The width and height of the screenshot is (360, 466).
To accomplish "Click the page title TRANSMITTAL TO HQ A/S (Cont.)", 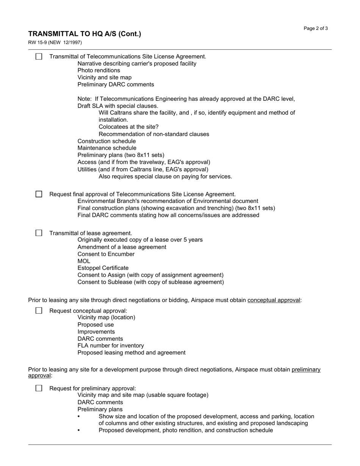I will pyautogui.click(x=85, y=34).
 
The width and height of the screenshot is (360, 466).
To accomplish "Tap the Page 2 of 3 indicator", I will pyautogui.click(x=316, y=28).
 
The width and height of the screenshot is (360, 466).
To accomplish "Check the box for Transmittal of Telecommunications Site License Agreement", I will pyautogui.click(x=39, y=56).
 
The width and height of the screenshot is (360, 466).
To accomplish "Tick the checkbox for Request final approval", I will pyautogui.click(x=39, y=194).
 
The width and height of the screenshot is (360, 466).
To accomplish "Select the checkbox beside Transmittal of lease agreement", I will pyautogui.click(x=39, y=233).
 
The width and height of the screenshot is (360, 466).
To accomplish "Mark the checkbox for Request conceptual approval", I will pyautogui.click(x=39, y=311).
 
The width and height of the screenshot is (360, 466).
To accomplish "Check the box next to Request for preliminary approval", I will pyautogui.click(x=39, y=388).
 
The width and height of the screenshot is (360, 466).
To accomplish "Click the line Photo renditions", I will pyautogui.click(x=99, y=70).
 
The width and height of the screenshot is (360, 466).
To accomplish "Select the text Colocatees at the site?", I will pyautogui.click(x=128, y=127).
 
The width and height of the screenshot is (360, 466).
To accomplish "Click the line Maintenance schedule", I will pyautogui.click(x=107, y=148).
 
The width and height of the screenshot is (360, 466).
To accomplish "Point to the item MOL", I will pyautogui.click(x=84, y=261).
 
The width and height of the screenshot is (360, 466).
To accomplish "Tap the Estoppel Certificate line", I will pyautogui.click(x=103, y=268).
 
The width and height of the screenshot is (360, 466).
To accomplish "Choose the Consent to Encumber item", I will pyautogui.click(x=106, y=254).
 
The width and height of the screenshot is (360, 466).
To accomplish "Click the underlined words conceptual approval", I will pyautogui.click(x=274, y=300).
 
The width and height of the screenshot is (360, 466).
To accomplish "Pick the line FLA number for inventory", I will pyautogui.click(x=111, y=346).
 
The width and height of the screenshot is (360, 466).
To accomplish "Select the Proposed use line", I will pyautogui.click(x=95, y=325).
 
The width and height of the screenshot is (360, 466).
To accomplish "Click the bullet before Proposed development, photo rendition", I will pyautogui.click(x=79, y=430).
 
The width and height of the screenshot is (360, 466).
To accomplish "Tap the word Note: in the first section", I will pyautogui.click(x=85, y=99).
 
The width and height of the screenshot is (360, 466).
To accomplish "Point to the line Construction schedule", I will pyautogui.click(x=106, y=141).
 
